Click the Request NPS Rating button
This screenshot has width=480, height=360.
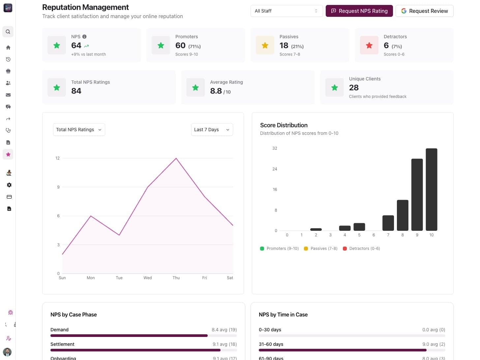[359, 11]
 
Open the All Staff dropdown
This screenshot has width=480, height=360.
[286, 11]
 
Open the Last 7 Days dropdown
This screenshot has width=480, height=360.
[212, 130]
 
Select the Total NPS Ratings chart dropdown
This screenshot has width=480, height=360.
[79, 130]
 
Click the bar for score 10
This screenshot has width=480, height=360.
[431, 190]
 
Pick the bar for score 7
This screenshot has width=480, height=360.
[388, 223]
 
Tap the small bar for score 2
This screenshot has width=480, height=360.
[316, 229]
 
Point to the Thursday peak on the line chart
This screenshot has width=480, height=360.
[176, 159]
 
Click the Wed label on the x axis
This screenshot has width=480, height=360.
[148, 278]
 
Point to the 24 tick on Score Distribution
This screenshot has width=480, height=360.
[275, 169]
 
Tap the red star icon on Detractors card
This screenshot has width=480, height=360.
[369, 45]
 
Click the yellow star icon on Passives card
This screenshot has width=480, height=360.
[265, 45]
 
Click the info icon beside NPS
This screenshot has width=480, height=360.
[84, 37]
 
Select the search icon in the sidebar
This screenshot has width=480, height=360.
[8, 32]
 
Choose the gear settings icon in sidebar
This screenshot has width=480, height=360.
[9, 185]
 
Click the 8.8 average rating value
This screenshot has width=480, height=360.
[216, 91]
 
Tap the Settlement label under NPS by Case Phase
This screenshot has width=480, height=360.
[62, 344]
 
